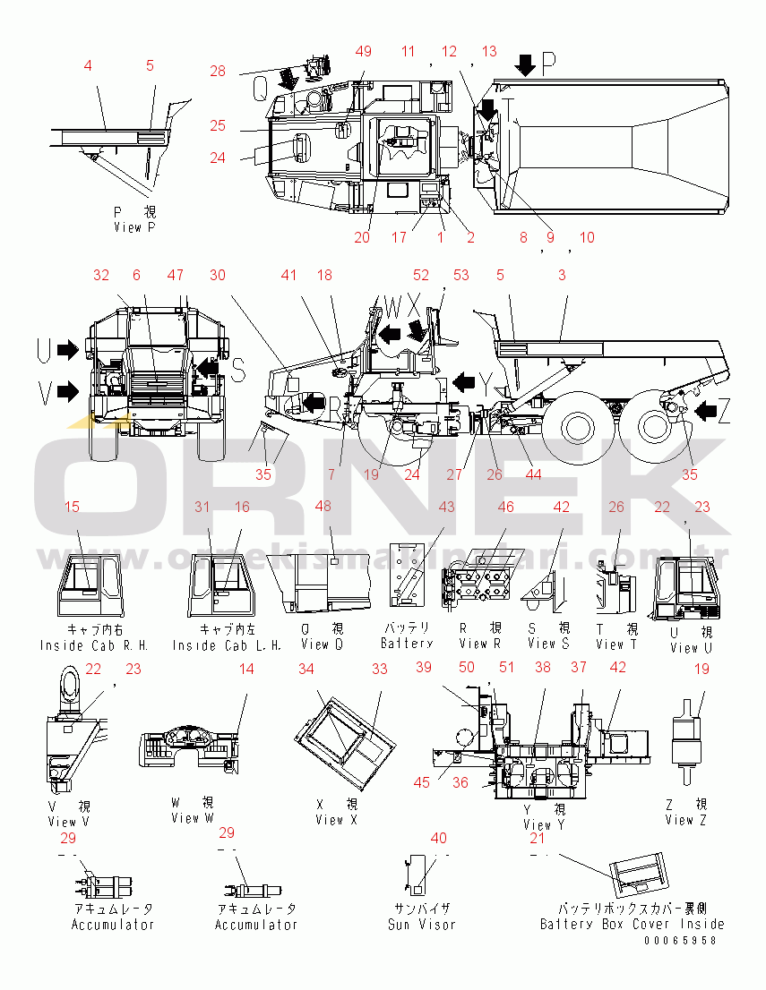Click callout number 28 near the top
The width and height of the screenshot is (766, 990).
(218, 72)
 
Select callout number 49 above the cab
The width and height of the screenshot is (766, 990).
(363, 52)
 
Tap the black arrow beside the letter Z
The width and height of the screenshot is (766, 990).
(706, 411)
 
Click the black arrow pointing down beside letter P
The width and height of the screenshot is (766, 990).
(526, 64)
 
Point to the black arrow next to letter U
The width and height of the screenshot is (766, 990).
(67, 350)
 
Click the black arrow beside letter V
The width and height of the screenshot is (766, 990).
(67, 388)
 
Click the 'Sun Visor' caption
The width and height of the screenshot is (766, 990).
(421, 925)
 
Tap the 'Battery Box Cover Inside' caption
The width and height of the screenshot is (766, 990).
(632, 924)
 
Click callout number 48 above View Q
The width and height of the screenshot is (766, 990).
(323, 507)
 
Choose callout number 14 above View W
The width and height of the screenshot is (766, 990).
(245, 669)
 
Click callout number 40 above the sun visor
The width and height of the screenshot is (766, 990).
(438, 839)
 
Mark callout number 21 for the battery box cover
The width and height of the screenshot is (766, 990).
(538, 839)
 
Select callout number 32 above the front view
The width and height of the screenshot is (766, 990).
(101, 276)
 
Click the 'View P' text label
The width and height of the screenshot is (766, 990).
(134, 227)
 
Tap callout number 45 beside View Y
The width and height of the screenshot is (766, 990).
(421, 782)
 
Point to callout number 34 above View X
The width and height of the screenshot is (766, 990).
(306, 669)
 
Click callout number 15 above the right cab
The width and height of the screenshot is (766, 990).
(72, 507)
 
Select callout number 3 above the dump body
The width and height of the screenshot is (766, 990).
(562, 276)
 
